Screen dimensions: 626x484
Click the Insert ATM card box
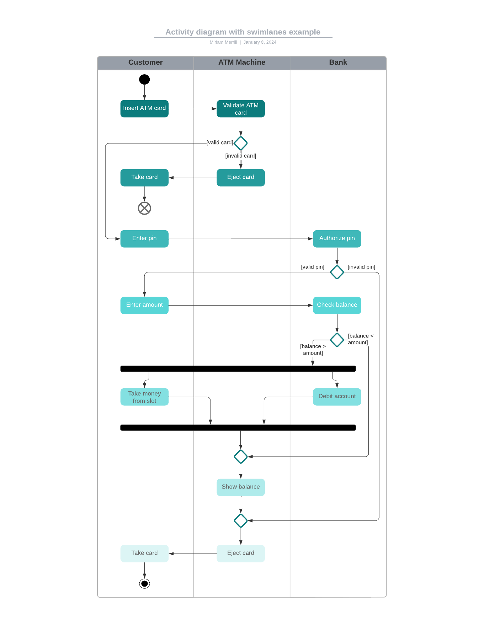(x=144, y=108)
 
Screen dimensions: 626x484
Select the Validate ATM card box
(x=241, y=109)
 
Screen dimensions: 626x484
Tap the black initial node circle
(x=144, y=80)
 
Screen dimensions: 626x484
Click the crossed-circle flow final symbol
(x=144, y=208)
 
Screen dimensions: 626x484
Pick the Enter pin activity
(x=144, y=239)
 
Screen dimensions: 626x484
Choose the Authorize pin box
(x=337, y=239)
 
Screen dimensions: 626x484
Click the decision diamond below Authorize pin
(x=337, y=272)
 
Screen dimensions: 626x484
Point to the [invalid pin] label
(x=361, y=267)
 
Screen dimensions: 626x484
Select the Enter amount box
(x=144, y=305)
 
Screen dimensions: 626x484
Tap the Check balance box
(x=337, y=305)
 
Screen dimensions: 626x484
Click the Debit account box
(x=337, y=396)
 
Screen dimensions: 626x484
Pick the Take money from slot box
(x=144, y=397)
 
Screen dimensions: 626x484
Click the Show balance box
(x=241, y=487)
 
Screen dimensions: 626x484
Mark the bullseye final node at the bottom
(x=144, y=583)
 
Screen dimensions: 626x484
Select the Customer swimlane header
(x=145, y=63)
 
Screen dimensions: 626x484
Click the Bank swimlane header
(x=338, y=63)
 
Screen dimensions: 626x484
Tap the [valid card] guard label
(x=220, y=142)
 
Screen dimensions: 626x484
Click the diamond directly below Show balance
(x=241, y=520)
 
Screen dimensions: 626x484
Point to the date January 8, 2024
(x=260, y=42)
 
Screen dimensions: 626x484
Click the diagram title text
(x=243, y=32)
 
